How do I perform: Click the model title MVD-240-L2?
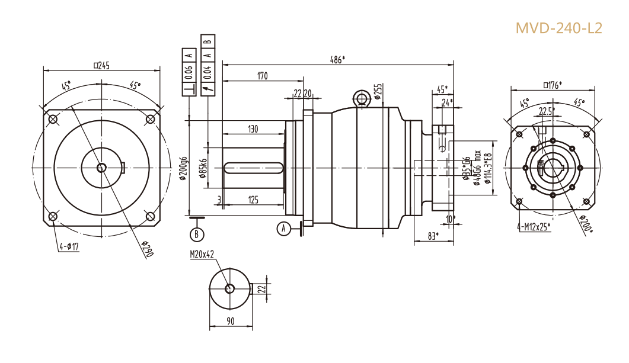(558, 28)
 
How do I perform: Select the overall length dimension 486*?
(337, 59)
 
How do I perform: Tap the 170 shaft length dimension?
(262, 76)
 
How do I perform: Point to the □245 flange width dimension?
(101, 66)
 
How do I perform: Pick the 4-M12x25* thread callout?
(534, 226)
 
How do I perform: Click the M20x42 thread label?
(202, 254)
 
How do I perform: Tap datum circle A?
(284, 227)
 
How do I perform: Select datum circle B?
(197, 234)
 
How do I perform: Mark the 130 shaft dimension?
(253, 129)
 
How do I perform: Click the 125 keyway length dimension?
(253, 200)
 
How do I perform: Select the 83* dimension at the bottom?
(433, 236)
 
